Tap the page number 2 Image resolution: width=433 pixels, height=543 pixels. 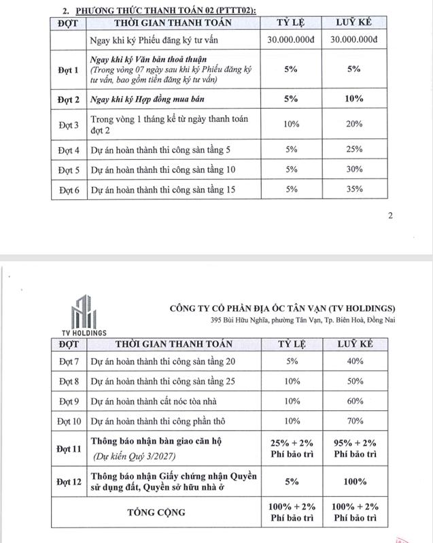pyautogui.click(x=390, y=216)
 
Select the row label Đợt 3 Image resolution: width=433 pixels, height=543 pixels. pyautogui.click(x=69, y=125)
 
